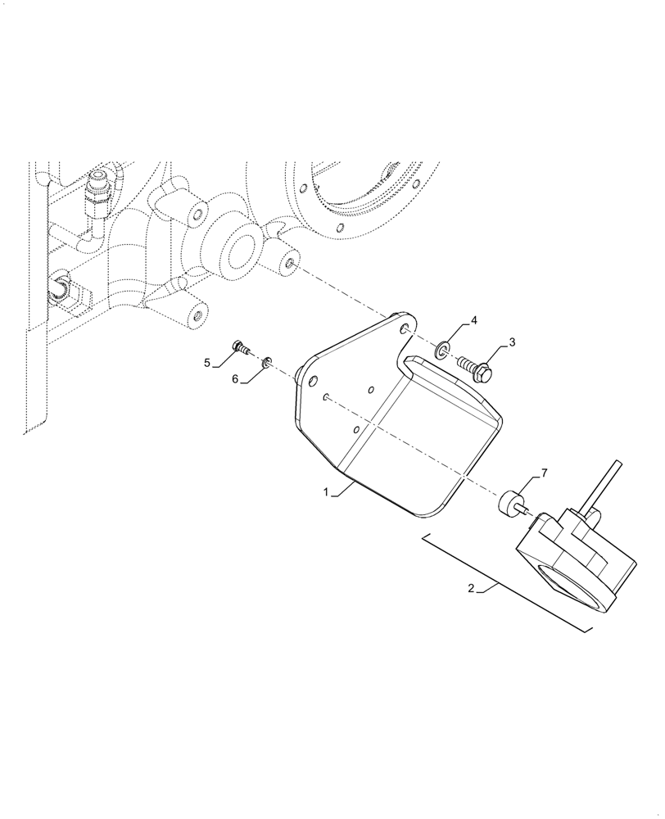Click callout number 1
pyautogui.click(x=325, y=493)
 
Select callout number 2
pyautogui.click(x=471, y=588)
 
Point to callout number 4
pyautogui.click(x=473, y=319)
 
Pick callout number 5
pyautogui.click(x=208, y=362)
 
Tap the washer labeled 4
pyautogui.click(x=443, y=351)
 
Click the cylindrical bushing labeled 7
pyautogui.click(x=510, y=501)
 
